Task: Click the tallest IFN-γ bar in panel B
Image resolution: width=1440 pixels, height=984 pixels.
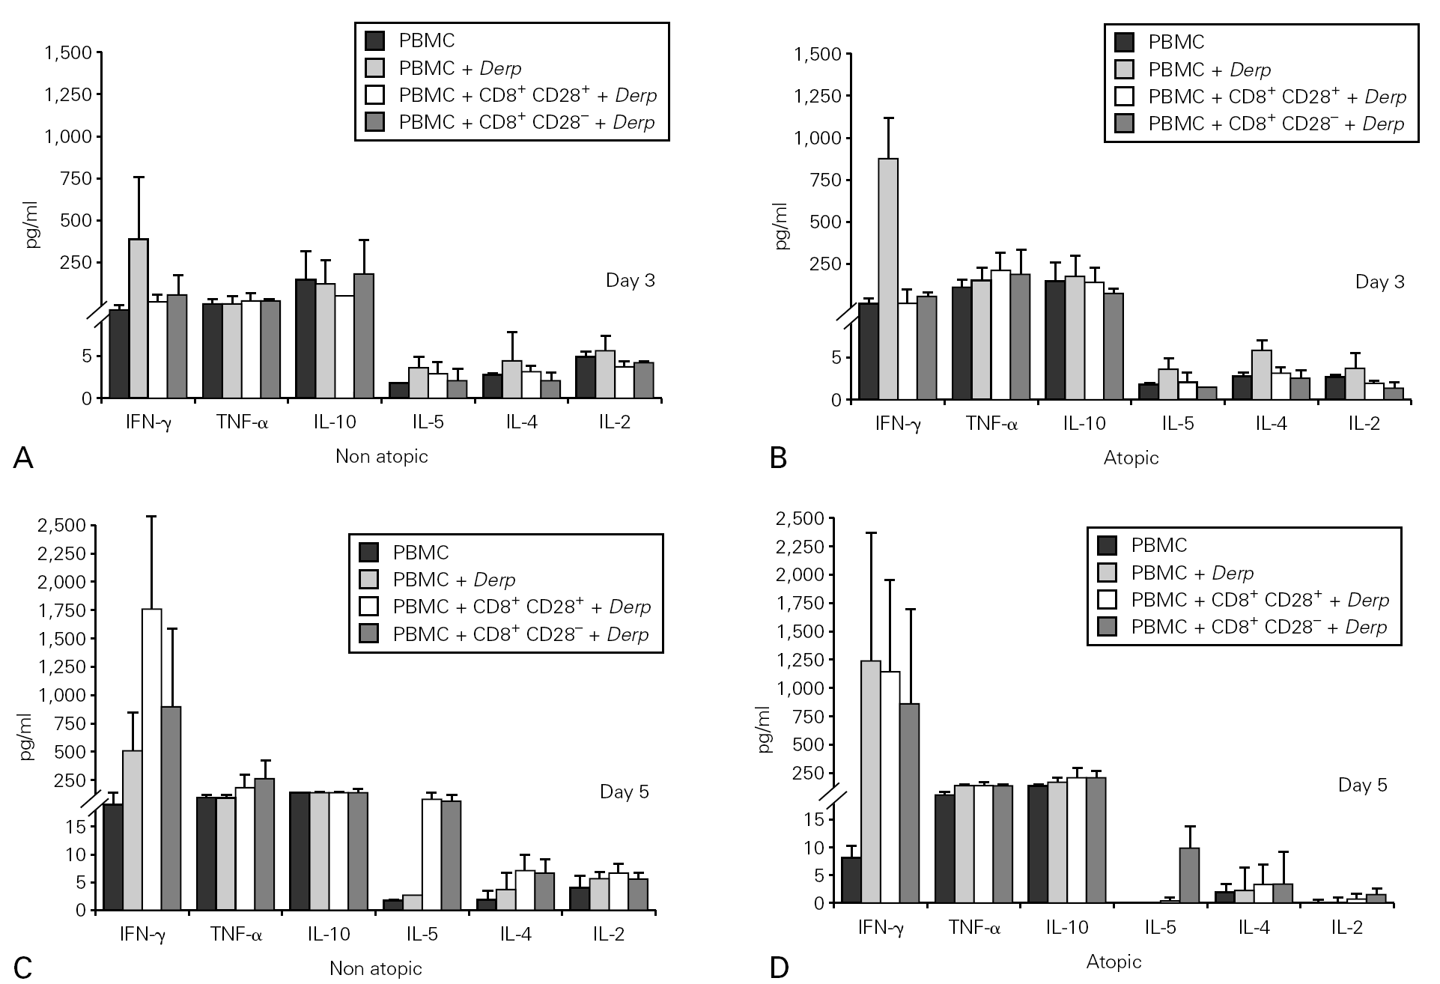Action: pos(888,277)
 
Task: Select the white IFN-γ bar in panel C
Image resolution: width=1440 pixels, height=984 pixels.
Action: pos(152,756)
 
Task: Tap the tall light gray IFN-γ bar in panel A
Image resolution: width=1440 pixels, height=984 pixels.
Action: pos(139,318)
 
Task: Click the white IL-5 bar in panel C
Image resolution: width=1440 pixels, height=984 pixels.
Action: pos(432,854)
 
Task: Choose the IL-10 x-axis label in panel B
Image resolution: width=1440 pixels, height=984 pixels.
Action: pos(1084,424)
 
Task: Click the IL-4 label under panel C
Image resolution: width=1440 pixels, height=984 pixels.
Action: pos(516,935)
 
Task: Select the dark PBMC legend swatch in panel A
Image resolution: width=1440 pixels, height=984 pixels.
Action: pos(374,40)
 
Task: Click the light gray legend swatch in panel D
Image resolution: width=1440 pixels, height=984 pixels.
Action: pos(1107,573)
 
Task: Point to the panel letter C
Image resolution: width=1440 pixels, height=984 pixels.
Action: pos(22,967)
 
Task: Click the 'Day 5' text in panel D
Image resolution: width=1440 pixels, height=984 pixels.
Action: pos(1363,785)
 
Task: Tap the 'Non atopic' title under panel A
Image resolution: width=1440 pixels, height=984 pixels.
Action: pos(381,457)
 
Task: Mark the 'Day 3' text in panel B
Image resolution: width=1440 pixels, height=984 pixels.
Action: pos(1380,282)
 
